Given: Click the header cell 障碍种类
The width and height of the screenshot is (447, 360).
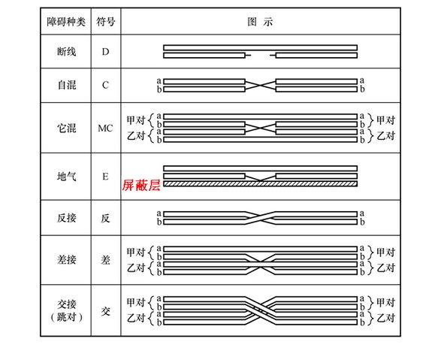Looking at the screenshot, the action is point(66,22).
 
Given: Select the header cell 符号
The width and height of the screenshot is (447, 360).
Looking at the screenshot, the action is point(106,22).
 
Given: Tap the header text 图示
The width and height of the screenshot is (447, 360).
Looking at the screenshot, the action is point(260,22).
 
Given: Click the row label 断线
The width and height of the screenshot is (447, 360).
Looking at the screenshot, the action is point(66,52).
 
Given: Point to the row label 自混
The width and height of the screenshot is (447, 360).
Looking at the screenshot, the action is point(66,85).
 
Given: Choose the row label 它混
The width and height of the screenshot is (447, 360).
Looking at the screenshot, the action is point(66,128).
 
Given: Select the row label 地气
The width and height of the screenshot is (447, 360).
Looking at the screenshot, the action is point(66,177).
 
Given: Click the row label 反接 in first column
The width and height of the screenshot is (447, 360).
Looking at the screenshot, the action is point(66,218).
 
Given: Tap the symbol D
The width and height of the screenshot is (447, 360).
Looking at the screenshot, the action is point(105,52).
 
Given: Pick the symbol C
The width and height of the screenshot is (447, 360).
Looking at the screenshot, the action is point(105,85).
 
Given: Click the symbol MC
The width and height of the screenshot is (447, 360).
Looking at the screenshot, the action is point(105,129).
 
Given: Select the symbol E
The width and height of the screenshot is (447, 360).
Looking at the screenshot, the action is point(105,177).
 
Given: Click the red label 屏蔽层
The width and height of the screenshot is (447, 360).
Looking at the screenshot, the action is point(141,185).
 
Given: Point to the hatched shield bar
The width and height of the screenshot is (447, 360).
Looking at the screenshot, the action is point(260,183).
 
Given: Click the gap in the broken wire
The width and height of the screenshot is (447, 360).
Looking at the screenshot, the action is point(260,55).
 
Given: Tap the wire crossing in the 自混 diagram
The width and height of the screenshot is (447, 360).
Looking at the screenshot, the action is point(260,85).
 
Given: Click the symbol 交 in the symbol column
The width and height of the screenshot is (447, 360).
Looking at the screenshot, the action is point(105,311).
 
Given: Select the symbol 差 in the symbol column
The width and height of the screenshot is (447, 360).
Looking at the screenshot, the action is point(105,260).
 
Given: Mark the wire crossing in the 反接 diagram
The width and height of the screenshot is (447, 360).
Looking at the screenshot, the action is point(260,218).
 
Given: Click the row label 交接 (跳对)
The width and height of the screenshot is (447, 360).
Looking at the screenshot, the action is point(66,310).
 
